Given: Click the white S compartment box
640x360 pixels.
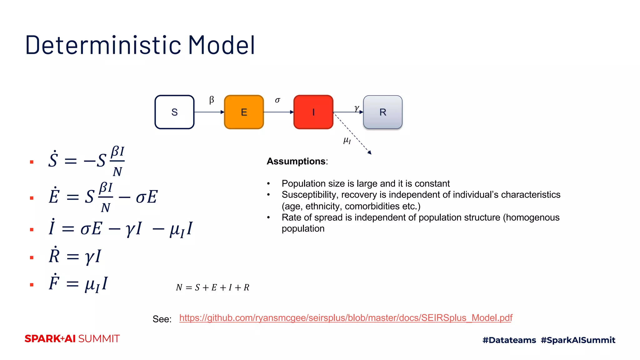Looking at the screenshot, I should click(x=174, y=112).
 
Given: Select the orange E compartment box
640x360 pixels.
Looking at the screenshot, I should click(x=244, y=112).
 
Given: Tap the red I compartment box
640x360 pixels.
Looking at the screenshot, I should click(x=313, y=112).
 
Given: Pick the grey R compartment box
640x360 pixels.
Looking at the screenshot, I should click(x=382, y=112).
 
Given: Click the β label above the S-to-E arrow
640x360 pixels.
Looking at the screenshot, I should click(x=212, y=100).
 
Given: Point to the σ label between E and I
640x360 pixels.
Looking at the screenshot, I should click(x=277, y=100).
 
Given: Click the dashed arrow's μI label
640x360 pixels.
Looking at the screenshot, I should click(x=347, y=140).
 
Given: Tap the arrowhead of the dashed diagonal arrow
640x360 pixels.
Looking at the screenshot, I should click(x=370, y=152).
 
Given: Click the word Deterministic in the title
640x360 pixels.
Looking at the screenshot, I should click(x=103, y=45).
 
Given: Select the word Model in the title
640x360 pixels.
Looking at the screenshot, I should click(x=221, y=45).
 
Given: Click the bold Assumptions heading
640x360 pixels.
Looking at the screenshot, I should click(x=296, y=161).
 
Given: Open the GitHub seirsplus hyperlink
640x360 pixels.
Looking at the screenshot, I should click(x=346, y=318).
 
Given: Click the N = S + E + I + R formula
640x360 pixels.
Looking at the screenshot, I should click(x=212, y=287).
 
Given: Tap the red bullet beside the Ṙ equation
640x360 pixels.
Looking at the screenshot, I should click(x=32, y=257).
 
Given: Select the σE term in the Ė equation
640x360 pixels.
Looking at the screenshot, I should click(x=147, y=197).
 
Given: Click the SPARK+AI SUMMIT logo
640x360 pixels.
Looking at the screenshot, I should click(x=72, y=339).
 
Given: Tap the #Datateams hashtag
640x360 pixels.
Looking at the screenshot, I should click(x=509, y=340).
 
